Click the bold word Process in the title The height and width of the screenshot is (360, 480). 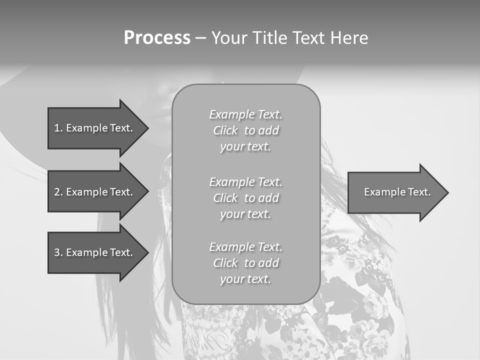[x=157, y=38]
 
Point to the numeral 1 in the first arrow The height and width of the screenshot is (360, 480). [x=57, y=128]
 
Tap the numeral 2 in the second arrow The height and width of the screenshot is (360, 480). [x=57, y=192]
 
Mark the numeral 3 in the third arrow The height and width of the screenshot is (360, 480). [x=57, y=252]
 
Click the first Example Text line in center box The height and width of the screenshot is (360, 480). [x=245, y=114]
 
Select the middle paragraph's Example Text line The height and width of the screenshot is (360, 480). [x=245, y=182]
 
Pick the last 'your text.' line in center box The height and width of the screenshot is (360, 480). [x=245, y=279]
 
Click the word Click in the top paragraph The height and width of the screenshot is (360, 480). [x=225, y=131]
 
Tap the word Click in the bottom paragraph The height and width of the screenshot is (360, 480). [x=225, y=263]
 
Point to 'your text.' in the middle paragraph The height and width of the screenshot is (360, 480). [x=245, y=214]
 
